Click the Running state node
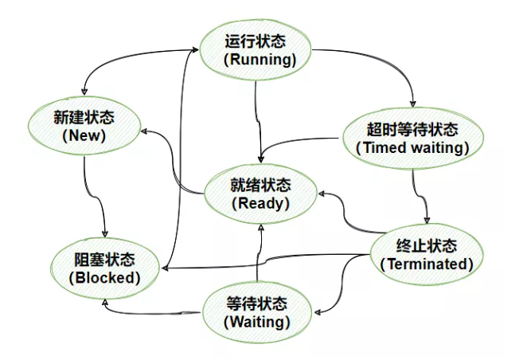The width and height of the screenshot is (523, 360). (x=254, y=49)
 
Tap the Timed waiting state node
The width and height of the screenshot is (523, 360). (x=412, y=138)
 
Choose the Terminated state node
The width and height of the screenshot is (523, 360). (x=427, y=254)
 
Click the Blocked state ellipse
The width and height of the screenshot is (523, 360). (x=104, y=268)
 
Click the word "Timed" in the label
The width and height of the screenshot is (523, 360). (x=383, y=147)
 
